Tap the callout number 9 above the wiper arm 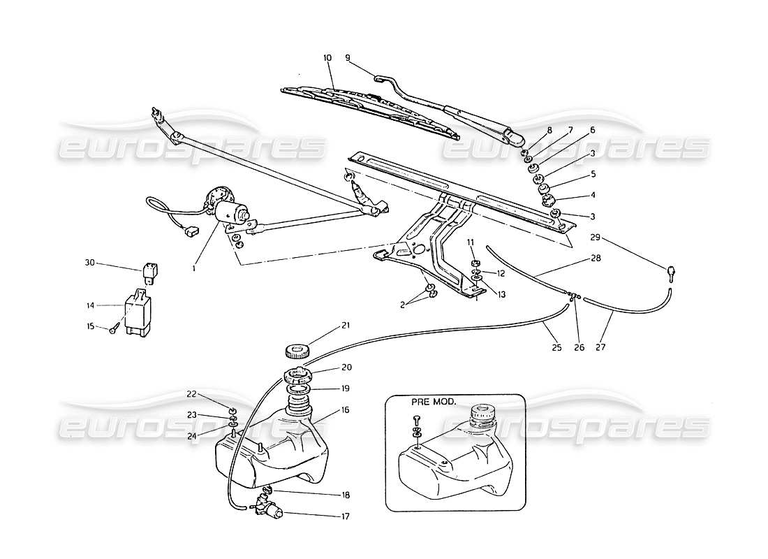coord(347,59)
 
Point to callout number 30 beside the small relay coord(89,263)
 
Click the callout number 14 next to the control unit coord(89,305)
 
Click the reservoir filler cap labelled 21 coord(297,351)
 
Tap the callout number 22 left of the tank coord(191,393)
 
